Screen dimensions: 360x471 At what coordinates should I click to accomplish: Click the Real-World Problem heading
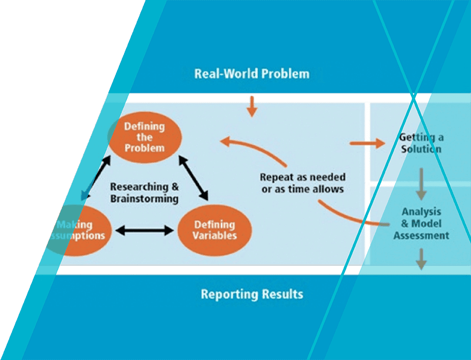(x=252, y=74)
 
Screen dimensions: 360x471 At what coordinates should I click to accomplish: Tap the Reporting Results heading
(x=252, y=294)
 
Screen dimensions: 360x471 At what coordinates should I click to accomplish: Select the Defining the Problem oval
(x=144, y=137)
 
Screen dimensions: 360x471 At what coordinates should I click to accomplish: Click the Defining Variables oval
(x=215, y=230)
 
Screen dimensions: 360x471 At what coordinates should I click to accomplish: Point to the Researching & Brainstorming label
(x=144, y=192)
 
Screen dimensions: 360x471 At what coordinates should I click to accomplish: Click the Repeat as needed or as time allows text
(x=302, y=183)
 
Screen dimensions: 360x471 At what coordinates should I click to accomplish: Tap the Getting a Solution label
(x=421, y=143)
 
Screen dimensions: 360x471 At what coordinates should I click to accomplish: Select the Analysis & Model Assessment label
(x=421, y=223)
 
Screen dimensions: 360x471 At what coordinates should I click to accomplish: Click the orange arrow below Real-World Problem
(x=251, y=106)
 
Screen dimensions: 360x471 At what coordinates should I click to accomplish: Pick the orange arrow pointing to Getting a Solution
(x=367, y=143)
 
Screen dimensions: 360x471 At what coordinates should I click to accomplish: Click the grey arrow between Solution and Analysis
(x=421, y=184)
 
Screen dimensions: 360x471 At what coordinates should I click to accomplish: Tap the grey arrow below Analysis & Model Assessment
(x=421, y=258)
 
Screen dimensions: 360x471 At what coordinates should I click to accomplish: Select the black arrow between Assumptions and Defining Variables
(x=144, y=230)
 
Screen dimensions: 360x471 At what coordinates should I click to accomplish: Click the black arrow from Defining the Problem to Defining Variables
(x=193, y=178)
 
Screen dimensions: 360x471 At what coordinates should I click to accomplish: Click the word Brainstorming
(x=144, y=198)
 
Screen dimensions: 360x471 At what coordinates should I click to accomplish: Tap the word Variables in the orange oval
(x=215, y=235)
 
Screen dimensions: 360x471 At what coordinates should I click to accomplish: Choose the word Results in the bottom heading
(x=280, y=294)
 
